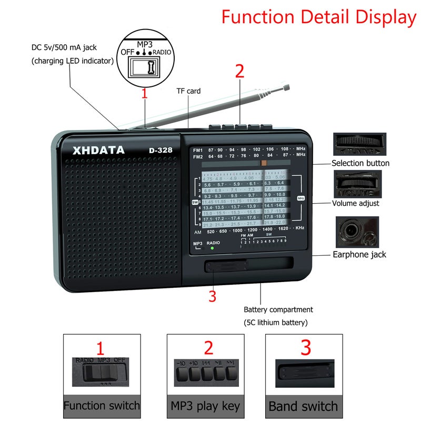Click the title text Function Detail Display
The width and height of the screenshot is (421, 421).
(x=318, y=17)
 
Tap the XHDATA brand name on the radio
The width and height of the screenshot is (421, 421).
(x=99, y=150)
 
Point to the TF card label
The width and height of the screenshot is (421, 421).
(x=188, y=91)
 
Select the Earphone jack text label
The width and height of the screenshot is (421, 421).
(x=359, y=254)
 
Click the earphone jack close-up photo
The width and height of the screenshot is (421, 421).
(x=357, y=232)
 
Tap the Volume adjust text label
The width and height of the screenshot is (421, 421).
(x=355, y=203)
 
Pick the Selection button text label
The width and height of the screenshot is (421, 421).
(x=360, y=163)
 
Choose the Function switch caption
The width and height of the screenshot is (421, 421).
(x=102, y=406)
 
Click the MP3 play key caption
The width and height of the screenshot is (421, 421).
(x=205, y=406)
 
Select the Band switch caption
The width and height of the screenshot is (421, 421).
(x=303, y=406)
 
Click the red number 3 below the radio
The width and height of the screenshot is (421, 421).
(x=212, y=296)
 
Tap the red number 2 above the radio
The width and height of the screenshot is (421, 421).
(x=239, y=72)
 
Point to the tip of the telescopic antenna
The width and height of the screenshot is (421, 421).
(x=287, y=84)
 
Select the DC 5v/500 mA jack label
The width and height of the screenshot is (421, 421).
(x=64, y=47)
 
